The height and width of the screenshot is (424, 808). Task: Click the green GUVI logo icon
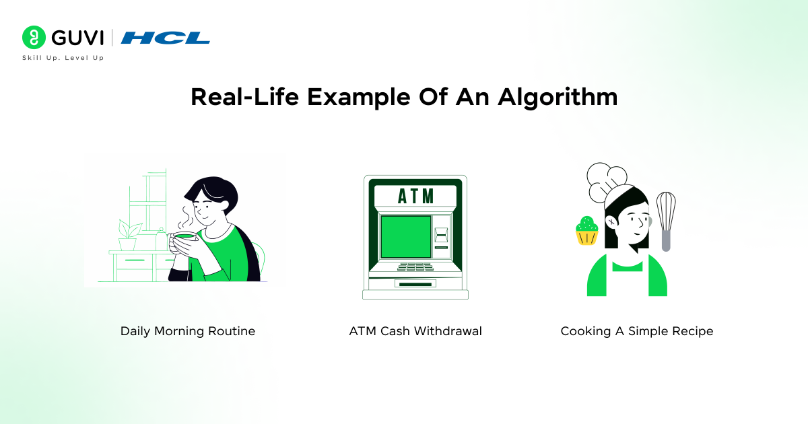pyautogui.click(x=34, y=38)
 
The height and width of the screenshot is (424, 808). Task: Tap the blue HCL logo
pyautogui.click(x=165, y=38)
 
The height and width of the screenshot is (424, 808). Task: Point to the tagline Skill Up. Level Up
pyautogui.click(x=63, y=58)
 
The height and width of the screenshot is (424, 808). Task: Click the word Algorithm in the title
pyautogui.click(x=558, y=97)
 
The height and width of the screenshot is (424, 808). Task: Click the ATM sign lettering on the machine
pyautogui.click(x=415, y=196)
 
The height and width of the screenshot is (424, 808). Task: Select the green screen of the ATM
pyautogui.click(x=405, y=236)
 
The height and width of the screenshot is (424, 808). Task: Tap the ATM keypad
pyautogui.click(x=415, y=267)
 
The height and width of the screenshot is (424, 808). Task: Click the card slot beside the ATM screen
pyautogui.click(x=441, y=234)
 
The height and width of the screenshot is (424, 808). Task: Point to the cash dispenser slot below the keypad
pyautogui.click(x=415, y=284)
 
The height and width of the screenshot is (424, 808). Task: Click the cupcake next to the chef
pyautogui.click(x=587, y=231)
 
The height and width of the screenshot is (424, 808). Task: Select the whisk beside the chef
pyautogui.click(x=665, y=219)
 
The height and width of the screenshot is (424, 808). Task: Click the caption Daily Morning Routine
pyautogui.click(x=188, y=331)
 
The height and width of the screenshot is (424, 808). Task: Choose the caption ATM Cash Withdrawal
pyautogui.click(x=415, y=331)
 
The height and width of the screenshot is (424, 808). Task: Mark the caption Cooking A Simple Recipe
pyautogui.click(x=636, y=331)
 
